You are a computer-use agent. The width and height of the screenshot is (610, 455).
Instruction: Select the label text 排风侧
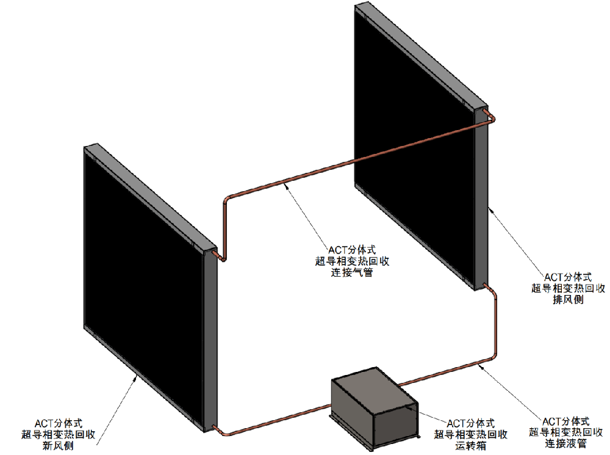(x=568, y=300)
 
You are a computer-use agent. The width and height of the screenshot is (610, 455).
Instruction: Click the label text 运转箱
(x=470, y=446)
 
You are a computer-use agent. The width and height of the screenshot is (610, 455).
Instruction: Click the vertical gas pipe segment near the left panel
(x=225, y=226)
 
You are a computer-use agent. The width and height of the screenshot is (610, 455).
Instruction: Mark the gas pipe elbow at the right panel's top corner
(x=491, y=115)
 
